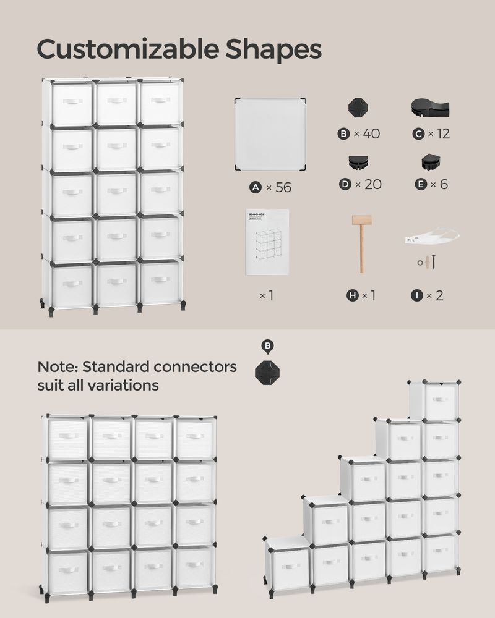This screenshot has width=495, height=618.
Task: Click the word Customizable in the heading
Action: [124, 49]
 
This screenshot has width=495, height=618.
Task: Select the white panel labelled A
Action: [271, 134]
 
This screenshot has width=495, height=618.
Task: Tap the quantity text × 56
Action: [277, 187]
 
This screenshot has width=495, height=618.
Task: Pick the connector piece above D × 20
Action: [358, 163]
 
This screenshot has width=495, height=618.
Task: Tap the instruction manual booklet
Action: [267, 242]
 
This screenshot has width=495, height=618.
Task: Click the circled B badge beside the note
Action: [267, 346]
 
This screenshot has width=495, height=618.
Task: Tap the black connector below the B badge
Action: [267, 372]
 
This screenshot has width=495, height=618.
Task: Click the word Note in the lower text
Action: [56, 366]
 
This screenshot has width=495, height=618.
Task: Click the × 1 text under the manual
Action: [266, 295]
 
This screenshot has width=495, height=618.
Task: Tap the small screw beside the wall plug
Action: [433, 261]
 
